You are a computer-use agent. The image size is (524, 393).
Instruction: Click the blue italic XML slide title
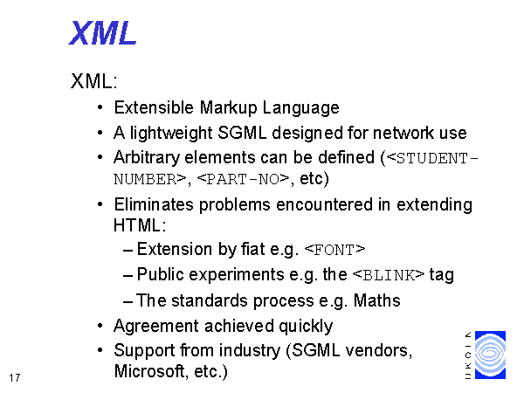tap(102, 33)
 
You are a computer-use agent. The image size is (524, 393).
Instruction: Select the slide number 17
tap(15, 378)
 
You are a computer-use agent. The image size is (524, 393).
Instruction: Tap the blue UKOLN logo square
tap(490, 355)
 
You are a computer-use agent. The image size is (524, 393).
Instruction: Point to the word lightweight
tap(171, 134)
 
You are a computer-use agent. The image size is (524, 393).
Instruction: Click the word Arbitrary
tap(147, 158)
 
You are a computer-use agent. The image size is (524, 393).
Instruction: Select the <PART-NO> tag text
tap(243, 179)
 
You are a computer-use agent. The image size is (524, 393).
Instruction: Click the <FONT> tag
tap(334, 250)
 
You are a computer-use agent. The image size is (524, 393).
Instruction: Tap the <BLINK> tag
tap(389, 275)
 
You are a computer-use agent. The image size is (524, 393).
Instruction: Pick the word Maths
tap(376, 300)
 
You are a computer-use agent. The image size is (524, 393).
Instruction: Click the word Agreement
tap(156, 326)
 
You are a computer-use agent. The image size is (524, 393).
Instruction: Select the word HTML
tap(137, 225)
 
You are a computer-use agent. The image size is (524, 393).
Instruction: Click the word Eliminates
tap(154, 204)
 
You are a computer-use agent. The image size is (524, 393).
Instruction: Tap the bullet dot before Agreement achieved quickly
tap(100, 326)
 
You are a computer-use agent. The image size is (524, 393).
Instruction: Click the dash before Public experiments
tap(128, 276)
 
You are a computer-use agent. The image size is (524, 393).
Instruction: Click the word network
tap(403, 133)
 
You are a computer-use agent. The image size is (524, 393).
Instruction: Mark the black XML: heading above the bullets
tap(94, 81)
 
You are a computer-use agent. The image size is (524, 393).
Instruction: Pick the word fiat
tap(252, 249)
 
